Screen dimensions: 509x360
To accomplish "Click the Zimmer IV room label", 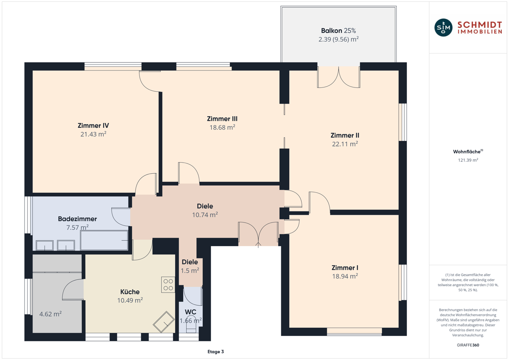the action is pyautogui.click(x=93, y=126).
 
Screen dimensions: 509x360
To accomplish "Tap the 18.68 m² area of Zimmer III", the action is pyautogui.click(x=222, y=127).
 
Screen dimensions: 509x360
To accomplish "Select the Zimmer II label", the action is pyautogui.click(x=345, y=135).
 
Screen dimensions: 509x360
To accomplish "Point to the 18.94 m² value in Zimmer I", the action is pyautogui.click(x=345, y=276).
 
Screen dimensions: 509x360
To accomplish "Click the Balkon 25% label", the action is pyautogui.click(x=338, y=31).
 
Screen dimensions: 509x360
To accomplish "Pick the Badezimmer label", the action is pyautogui.click(x=78, y=219).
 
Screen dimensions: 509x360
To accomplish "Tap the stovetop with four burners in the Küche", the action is pyautogui.click(x=168, y=284).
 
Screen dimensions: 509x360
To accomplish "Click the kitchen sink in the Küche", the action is pyautogui.click(x=164, y=322).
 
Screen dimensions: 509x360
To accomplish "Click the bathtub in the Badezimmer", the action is pyautogui.click(x=104, y=240).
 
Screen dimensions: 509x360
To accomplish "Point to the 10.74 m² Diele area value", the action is pyautogui.click(x=205, y=215).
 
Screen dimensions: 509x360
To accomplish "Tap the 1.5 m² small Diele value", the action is pyautogui.click(x=190, y=270).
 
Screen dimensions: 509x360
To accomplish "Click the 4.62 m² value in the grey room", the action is pyautogui.click(x=50, y=314).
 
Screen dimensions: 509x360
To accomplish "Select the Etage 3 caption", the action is pyautogui.click(x=215, y=352).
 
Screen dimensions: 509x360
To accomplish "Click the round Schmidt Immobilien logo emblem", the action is pyautogui.click(x=443, y=28).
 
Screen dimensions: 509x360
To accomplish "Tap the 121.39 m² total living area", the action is pyautogui.click(x=468, y=160).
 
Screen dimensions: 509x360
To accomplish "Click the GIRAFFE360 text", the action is pyautogui.click(x=468, y=345).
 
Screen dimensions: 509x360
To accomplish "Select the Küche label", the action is pyautogui.click(x=130, y=292).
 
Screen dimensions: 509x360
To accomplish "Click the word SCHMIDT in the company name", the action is pyautogui.click(x=480, y=25).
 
